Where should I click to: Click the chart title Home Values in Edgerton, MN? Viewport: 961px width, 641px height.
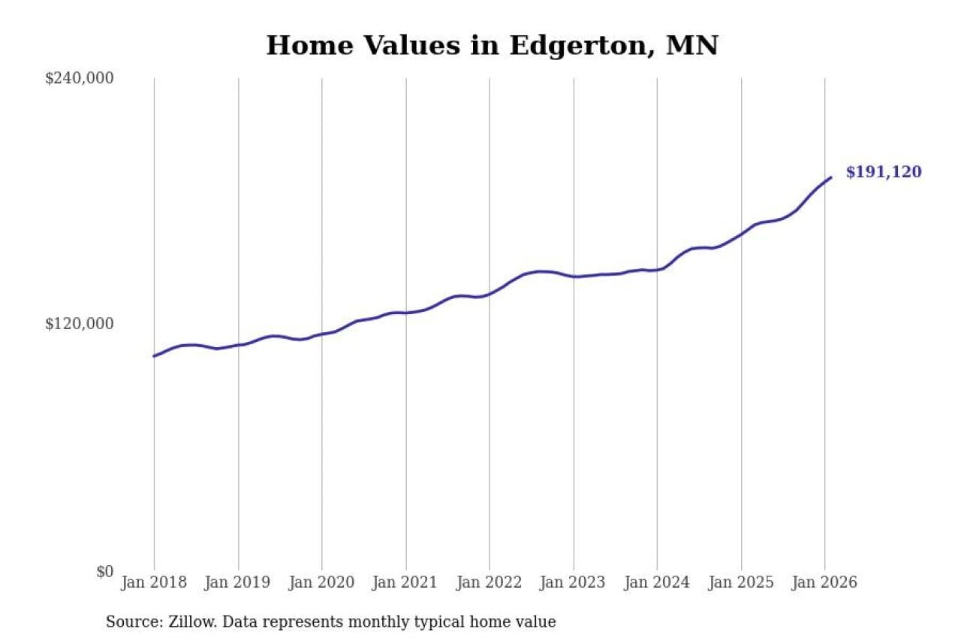pyautogui.click(x=492, y=45)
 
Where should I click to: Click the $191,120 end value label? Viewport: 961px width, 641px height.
pyautogui.click(x=883, y=172)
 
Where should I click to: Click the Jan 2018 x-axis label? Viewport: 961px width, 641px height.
pyautogui.click(x=154, y=582)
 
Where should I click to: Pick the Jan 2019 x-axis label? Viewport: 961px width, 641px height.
pyautogui.click(x=238, y=582)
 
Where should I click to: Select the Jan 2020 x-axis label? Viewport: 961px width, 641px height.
pyautogui.click(x=322, y=582)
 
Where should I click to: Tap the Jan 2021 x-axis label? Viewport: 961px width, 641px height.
pyautogui.click(x=406, y=582)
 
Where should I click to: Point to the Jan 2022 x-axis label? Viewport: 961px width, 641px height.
pyautogui.click(x=490, y=582)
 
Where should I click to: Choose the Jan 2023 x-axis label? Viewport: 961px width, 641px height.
pyautogui.click(x=574, y=582)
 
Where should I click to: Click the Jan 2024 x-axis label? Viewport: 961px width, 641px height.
pyautogui.click(x=658, y=582)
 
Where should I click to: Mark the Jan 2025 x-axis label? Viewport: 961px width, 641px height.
pyautogui.click(x=741, y=582)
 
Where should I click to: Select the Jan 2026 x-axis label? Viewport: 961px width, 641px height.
pyautogui.click(x=825, y=582)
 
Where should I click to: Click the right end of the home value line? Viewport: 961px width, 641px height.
pyautogui.click(x=830, y=177)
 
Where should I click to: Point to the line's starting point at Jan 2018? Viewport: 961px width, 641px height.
pyautogui.click(x=154, y=356)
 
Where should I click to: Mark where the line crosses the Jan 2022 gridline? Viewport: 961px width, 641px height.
pyautogui.click(x=490, y=293)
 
